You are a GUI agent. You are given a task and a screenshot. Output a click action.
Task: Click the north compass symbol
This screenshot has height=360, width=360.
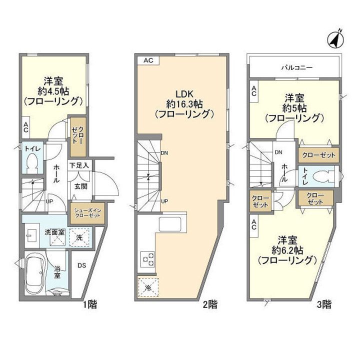(x=335, y=39)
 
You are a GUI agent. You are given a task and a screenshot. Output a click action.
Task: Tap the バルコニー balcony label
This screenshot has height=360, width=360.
(x=297, y=67)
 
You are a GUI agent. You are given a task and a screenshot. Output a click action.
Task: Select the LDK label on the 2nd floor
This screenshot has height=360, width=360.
(x=184, y=94)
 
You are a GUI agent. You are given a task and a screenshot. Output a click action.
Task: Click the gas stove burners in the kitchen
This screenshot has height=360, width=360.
(x=148, y=259)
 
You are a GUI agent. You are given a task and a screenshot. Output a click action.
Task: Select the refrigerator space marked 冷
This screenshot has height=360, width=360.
(x=148, y=287)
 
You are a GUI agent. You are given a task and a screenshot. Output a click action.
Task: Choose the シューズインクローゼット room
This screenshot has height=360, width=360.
(x=87, y=213)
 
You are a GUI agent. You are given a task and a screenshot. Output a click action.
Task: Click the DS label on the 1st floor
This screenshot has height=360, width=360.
(x=81, y=265)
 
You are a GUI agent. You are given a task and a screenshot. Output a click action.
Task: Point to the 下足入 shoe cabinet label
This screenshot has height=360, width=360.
(x=79, y=165)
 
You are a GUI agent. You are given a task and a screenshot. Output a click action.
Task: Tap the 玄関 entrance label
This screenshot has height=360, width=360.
(x=80, y=186)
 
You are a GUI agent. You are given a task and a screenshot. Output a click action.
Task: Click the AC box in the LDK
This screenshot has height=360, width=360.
(x=148, y=60)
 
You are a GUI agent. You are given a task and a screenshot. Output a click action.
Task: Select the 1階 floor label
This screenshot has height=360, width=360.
(x=90, y=304)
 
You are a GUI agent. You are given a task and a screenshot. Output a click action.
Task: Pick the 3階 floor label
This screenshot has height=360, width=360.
(x=324, y=304)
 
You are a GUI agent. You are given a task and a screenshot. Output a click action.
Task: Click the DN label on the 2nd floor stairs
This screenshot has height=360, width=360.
(x=164, y=153)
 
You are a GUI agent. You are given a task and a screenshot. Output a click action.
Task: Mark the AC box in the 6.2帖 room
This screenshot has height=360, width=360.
(x=254, y=224)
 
